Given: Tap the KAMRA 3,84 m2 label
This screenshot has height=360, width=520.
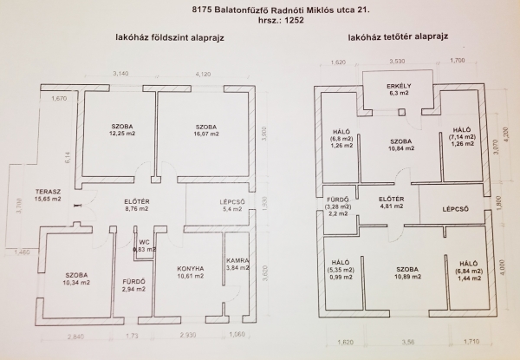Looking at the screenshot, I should [238, 265].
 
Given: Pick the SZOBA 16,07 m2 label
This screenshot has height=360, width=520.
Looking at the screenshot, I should [206, 131].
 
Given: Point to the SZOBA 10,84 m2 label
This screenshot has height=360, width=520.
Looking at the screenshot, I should [400, 145].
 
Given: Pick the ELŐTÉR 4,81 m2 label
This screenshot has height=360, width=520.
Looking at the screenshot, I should [393, 204].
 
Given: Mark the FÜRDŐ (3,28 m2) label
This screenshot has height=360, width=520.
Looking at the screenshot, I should [337, 205].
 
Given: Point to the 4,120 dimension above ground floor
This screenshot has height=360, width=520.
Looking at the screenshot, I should [204, 75].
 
